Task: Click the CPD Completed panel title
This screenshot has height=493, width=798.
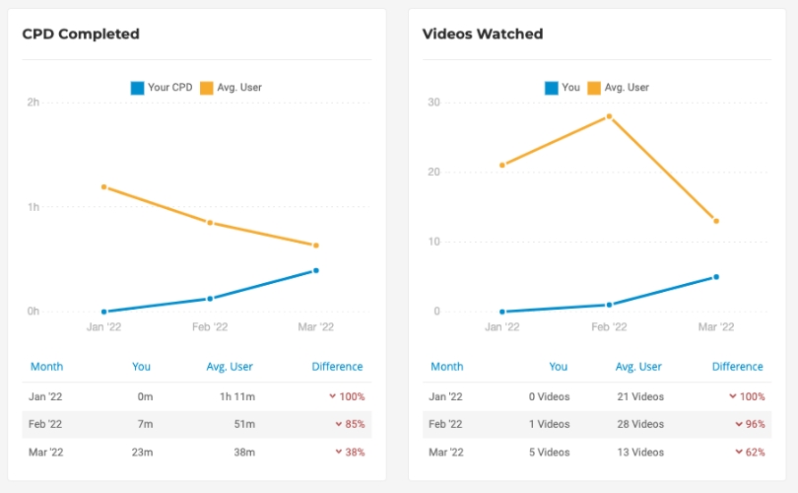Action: click(x=81, y=35)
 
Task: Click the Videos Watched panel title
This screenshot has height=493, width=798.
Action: click(x=483, y=35)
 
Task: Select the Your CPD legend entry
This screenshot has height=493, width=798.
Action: click(x=162, y=88)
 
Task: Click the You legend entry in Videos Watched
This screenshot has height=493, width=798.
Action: click(x=563, y=88)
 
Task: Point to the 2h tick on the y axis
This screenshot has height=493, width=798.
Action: click(x=33, y=103)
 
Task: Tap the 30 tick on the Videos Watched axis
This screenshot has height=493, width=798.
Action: click(x=433, y=103)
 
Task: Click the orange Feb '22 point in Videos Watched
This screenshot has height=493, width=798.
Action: click(x=609, y=116)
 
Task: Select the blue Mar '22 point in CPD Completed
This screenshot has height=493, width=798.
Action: click(x=316, y=270)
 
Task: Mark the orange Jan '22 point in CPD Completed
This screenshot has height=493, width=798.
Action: click(x=103, y=186)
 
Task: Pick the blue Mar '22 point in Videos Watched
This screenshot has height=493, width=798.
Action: click(x=716, y=277)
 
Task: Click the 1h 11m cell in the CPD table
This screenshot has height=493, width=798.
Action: click(x=236, y=396)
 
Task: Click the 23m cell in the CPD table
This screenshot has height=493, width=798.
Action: click(x=143, y=452)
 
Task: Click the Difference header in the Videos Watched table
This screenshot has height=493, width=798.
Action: click(x=737, y=367)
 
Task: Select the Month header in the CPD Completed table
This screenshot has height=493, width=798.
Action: click(x=46, y=367)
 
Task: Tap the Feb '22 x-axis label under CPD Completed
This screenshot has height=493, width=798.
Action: click(x=210, y=327)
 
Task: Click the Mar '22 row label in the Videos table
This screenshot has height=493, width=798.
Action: click(x=446, y=452)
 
